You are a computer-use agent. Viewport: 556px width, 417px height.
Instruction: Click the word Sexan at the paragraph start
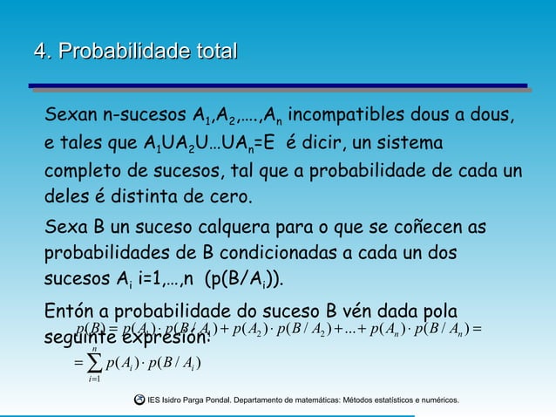74,116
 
